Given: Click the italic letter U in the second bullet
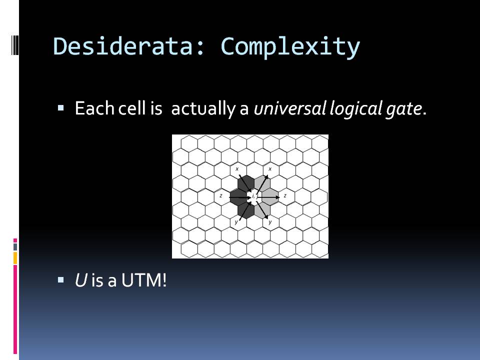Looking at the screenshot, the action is pyautogui.click(x=81, y=280).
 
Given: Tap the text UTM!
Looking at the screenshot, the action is pyautogui.click(x=144, y=280).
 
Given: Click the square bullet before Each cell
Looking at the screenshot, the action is pyautogui.click(x=60, y=108).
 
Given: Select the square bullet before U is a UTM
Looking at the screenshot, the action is pyautogui.click(x=60, y=279).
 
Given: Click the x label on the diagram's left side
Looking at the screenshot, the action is pyautogui.click(x=237, y=169).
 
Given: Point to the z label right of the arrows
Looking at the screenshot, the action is pyautogui.click(x=285, y=195).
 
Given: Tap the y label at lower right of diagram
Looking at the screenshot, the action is pyautogui.click(x=270, y=222).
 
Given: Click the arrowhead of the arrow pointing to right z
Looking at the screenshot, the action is pyautogui.click(x=277, y=197).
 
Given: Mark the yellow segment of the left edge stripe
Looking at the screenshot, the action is pyautogui.click(x=15, y=258).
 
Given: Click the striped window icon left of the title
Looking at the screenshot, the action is pyautogui.click(x=15, y=45).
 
